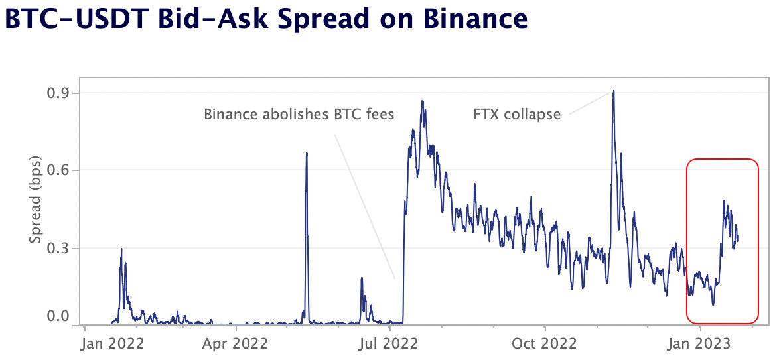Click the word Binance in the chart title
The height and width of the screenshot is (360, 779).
472,19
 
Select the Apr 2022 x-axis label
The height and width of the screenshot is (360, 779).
235,343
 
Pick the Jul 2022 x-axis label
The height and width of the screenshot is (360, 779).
389,343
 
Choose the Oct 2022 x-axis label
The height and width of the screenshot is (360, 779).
544,343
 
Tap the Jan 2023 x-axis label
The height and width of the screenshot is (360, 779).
700,343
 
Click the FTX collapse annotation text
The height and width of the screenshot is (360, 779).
517,115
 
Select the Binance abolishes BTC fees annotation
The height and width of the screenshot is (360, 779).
299,115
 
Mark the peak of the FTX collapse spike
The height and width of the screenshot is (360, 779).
614,91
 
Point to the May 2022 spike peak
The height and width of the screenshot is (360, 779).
307,153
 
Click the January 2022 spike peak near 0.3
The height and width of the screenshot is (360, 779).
121,249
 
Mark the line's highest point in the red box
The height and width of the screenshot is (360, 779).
723,200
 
